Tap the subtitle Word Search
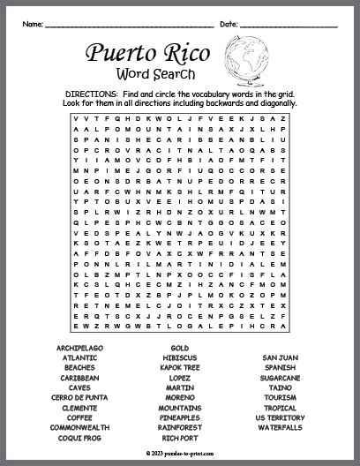coord(153,74)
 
